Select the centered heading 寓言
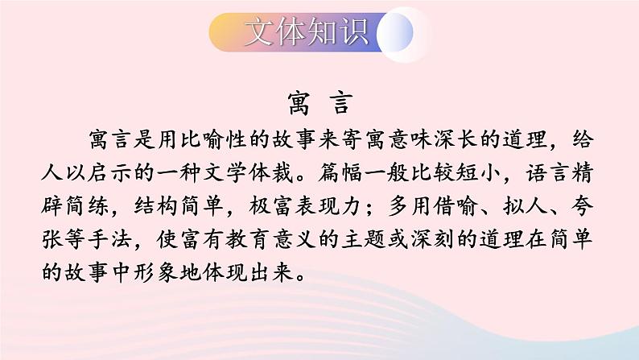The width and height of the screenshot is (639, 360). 319,104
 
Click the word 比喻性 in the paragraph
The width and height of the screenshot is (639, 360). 216,140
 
